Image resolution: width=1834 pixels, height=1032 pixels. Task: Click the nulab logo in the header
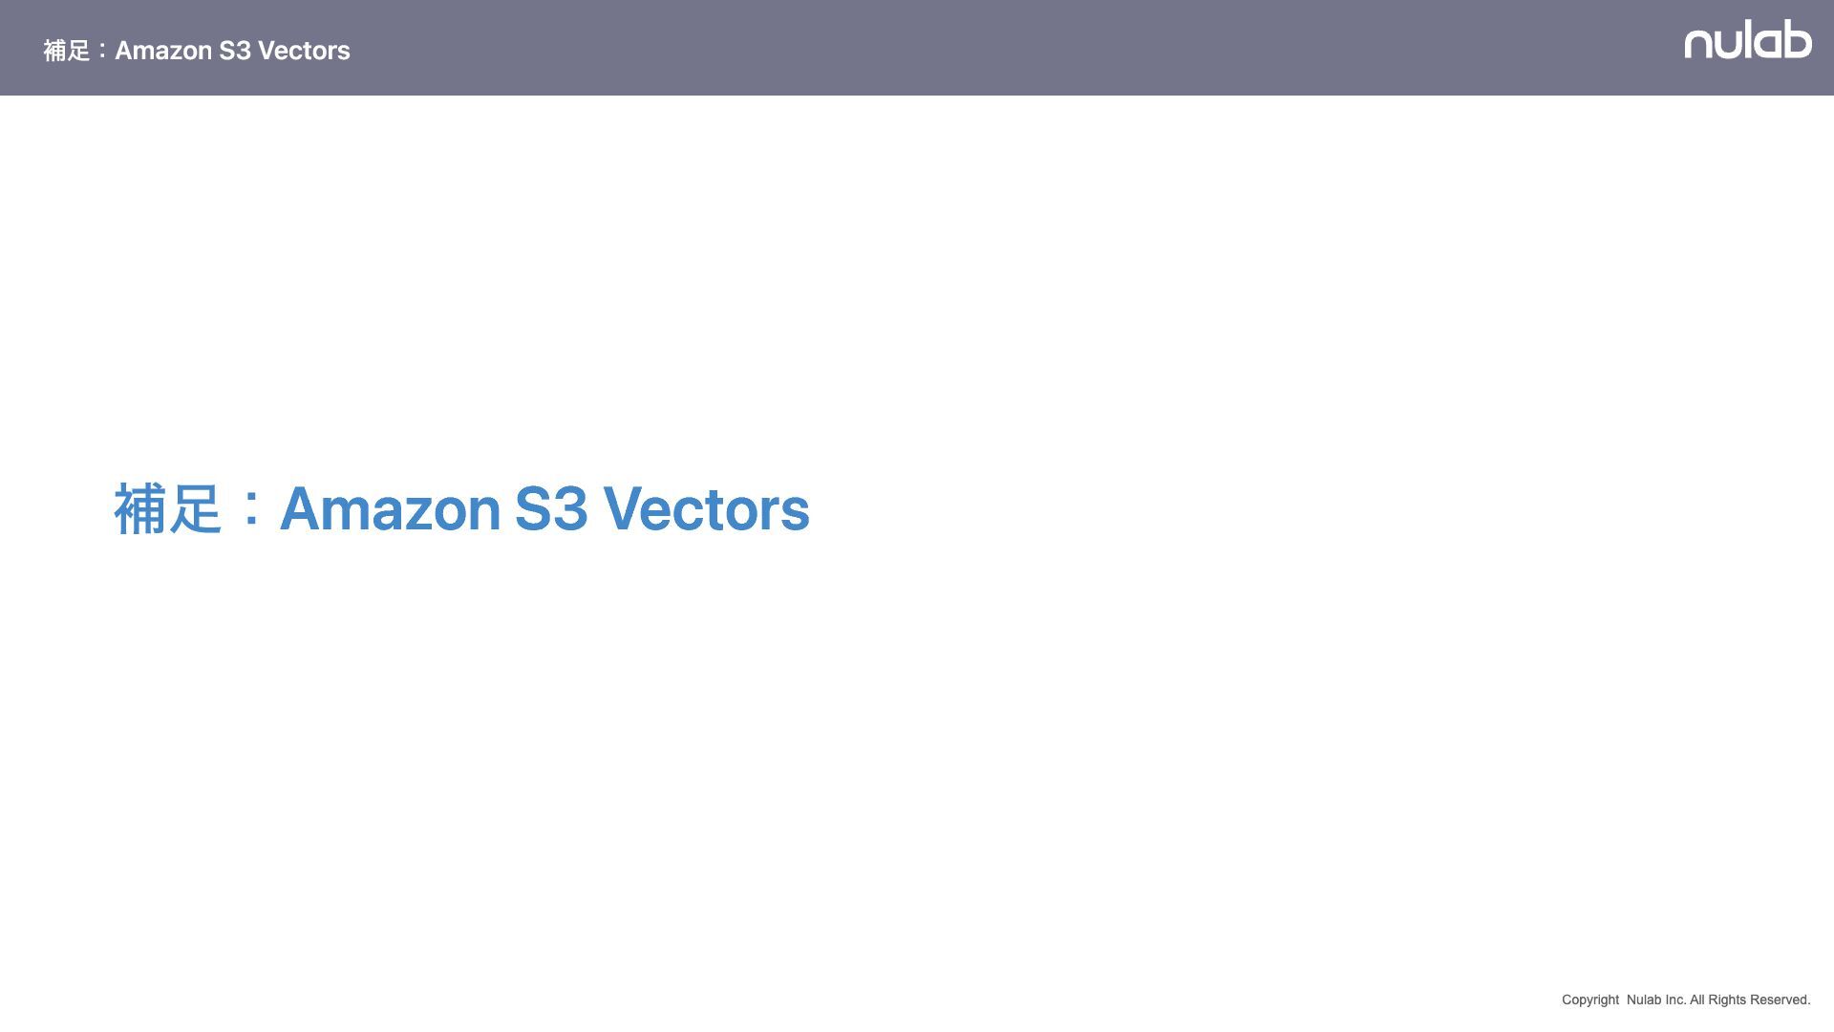(1747, 40)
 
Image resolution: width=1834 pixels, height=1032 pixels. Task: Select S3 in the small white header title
(235, 51)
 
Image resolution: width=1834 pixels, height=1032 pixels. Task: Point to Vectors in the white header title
(304, 51)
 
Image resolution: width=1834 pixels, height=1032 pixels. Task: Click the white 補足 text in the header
(66, 51)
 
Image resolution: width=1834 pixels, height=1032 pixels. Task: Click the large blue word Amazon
(390, 508)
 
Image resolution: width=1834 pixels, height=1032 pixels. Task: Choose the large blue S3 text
(551, 508)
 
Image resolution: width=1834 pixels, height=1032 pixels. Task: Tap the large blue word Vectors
(706, 508)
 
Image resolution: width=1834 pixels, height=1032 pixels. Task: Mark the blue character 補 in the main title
(140, 508)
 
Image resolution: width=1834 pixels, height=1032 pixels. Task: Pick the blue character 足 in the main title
(196, 508)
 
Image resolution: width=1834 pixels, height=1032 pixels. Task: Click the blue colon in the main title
(250, 508)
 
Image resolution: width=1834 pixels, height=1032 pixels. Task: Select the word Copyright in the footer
(1589, 1000)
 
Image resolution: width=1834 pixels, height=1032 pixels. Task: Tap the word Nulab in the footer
(1643, 1000)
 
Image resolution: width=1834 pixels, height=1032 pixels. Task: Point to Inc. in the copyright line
(1674, 1000)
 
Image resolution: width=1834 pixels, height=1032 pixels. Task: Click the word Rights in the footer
(1726, 1000)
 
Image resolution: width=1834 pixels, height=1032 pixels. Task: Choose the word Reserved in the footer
(1780, 1000)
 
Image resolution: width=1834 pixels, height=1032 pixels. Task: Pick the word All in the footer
(1696, 1000)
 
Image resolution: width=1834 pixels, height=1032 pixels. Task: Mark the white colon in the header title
(102, 51)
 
